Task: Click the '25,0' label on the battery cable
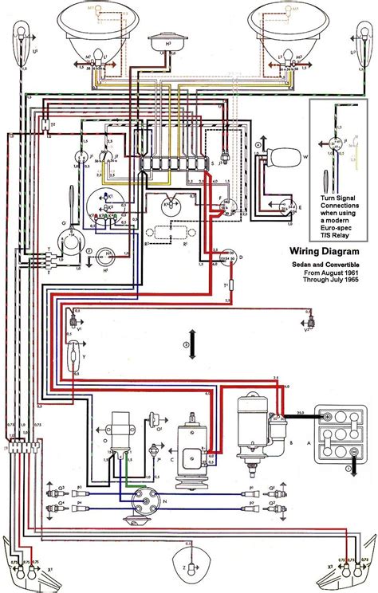(x=300, y=413)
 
